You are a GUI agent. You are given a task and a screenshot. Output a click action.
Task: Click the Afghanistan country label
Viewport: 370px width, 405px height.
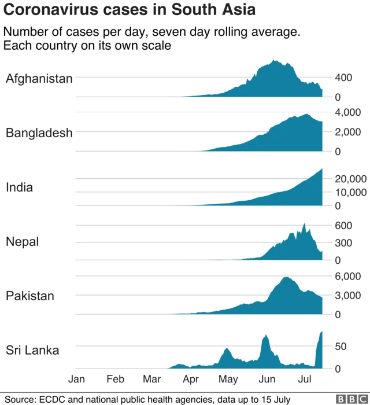(x=39, y=79)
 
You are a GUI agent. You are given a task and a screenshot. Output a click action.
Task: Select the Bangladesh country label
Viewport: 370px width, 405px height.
(x=39, y=133)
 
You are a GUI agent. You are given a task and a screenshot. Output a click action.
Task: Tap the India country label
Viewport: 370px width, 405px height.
(x=19, y=187)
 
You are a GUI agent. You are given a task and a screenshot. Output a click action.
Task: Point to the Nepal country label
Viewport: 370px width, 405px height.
(x=22, y=242)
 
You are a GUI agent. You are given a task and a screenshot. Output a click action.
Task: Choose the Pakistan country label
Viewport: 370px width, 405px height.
(x=30, y=296)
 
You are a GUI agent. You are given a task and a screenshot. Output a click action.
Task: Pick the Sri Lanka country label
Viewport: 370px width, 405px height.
(x=32, y=350)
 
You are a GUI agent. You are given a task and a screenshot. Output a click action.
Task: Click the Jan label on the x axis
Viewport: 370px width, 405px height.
(x=77, y=380)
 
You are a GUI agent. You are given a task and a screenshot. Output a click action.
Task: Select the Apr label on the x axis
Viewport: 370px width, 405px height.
(x=191, y=380)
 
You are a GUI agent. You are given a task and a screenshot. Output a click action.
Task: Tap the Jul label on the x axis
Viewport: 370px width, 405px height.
(x=305, y=380)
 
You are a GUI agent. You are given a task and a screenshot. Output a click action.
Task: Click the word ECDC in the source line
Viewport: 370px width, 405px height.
(x=51, y=399)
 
